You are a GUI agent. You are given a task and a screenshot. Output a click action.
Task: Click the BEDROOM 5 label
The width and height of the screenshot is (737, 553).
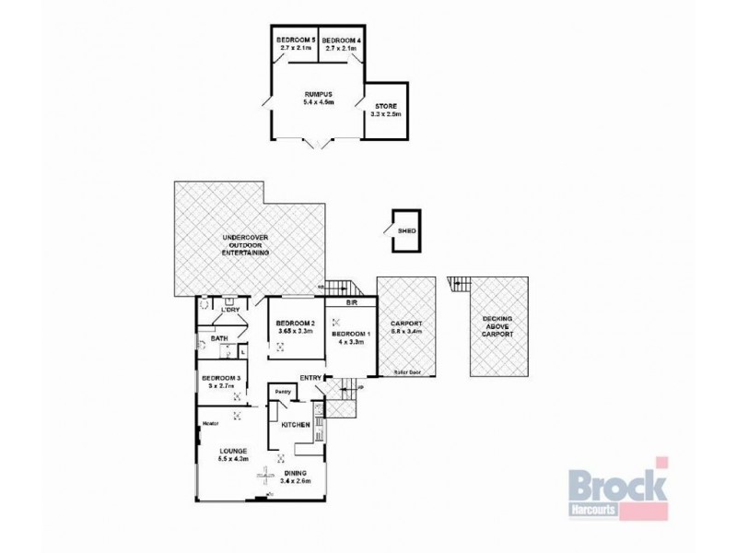coord(296,41)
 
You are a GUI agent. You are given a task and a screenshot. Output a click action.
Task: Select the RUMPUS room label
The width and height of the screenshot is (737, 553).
coord(318,95)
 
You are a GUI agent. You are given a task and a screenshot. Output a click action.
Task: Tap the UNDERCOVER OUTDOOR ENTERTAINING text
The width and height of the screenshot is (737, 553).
coord(245,244)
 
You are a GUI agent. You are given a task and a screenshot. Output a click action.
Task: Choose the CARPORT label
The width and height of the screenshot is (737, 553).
coord(406,324)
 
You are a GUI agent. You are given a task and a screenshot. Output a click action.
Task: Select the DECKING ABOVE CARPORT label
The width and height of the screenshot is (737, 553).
coord(499,324)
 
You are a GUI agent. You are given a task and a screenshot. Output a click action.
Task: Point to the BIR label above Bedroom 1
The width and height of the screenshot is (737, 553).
coord(351,301)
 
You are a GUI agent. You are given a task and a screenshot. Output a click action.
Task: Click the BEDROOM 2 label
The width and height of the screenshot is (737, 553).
coord(296,324)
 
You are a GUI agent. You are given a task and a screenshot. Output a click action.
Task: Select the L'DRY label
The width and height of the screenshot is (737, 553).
coord(229,310)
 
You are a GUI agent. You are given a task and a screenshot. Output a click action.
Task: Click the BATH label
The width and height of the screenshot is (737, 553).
coord(219,338)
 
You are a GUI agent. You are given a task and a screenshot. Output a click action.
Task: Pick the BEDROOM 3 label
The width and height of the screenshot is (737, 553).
coord(222,378)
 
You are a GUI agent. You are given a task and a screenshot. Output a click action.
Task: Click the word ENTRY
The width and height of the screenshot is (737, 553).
coord(310,377)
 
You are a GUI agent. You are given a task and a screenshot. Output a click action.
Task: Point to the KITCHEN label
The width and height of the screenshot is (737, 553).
coord(294,425)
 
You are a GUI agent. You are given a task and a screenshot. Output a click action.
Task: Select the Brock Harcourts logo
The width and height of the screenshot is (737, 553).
coord(615,488)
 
